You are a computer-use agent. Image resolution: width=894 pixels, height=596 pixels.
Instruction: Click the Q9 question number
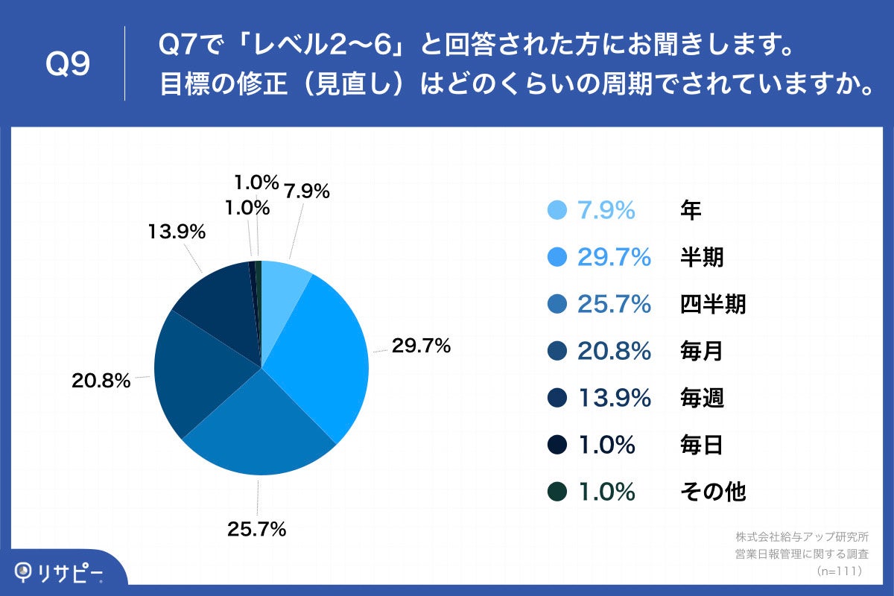[x=68, y=66]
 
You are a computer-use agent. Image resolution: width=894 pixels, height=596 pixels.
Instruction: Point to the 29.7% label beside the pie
[x=422, y=346]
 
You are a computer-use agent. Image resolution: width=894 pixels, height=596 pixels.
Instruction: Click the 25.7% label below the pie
[x=257, y=530]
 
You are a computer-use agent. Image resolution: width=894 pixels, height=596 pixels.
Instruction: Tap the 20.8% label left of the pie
[x=101, y=381]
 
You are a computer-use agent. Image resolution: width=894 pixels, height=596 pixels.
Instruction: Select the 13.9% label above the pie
[x=176, y=232]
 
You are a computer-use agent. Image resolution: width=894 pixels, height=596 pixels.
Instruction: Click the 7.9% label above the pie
[x=306, y=191]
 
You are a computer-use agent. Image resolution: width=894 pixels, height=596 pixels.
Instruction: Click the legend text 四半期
[x=713, y=305]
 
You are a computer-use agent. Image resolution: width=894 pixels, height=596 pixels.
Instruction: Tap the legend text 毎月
[x=702, y=352]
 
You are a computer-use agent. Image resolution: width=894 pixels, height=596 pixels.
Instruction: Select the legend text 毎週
[x=702, y=399]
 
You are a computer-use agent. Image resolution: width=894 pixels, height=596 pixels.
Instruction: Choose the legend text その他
[x=713, y=492]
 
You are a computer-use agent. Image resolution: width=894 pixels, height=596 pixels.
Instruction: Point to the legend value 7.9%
[x=606, y=211]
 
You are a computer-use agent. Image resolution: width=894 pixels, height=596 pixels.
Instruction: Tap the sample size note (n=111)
[x=840, y=571]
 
